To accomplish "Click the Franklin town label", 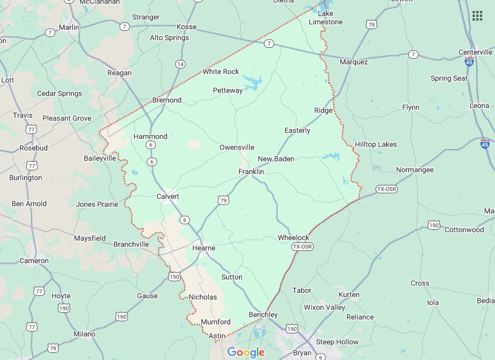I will point(251,172).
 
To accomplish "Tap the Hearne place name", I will point(204,248).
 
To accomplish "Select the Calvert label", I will point(168,196).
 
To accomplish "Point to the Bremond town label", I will point(167,100).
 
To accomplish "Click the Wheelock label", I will point(294,238).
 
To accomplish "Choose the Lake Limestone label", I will point(326,18).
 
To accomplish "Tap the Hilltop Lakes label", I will point(375,144).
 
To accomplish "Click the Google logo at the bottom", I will point(246,352).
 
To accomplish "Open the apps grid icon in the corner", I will point(477,16).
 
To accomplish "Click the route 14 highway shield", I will point(180,64).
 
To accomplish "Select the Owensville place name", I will point(237,147).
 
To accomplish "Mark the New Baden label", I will point(276,159).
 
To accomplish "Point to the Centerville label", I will point(476,52).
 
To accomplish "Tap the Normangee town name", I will point(415,170).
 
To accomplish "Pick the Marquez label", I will point(354,62).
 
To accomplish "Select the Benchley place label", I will point(263,315).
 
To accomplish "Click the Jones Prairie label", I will point(97,204).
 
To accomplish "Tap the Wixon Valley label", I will point(325,307).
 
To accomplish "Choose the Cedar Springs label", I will point(59,93).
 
